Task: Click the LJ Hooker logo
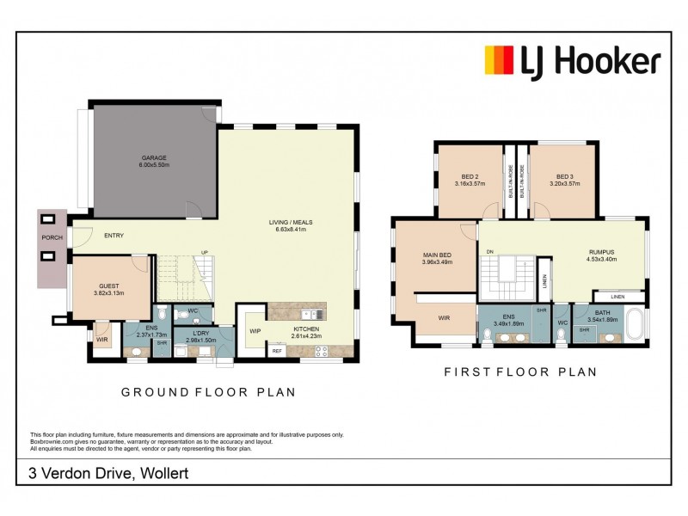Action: (573, 62)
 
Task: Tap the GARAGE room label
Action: (154, 157)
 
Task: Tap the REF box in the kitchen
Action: (277, 350)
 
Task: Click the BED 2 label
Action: (470, 175)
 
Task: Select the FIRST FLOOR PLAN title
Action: (519, 372)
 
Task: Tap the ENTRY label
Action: (114, 235)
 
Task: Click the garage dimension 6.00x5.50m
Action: (154, 165)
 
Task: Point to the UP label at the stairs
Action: (204, 252)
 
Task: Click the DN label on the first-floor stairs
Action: (489, 251)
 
